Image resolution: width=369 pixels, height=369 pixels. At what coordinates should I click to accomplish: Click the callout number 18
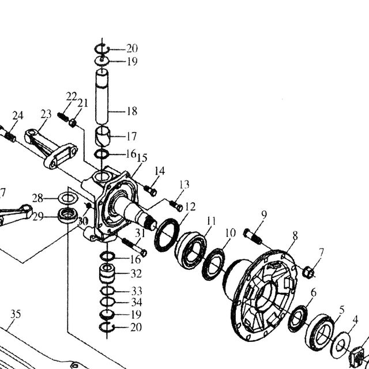point(132,111)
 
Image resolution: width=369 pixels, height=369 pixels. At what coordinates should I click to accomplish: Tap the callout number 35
point(16,314)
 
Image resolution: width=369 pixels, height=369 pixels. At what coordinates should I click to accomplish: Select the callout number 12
point(190,206)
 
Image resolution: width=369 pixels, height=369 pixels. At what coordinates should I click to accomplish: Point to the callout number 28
point(37,198)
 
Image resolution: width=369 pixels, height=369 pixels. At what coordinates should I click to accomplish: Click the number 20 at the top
point(132,48)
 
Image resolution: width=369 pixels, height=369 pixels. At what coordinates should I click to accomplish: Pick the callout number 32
point(136,274)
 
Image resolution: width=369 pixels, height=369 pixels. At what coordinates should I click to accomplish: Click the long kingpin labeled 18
point(102,96)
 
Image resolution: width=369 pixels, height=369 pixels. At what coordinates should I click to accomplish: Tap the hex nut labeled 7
point(308,272)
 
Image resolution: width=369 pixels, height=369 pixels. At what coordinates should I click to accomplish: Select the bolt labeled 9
point(253,236)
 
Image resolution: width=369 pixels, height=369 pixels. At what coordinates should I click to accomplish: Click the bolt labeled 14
point(150,190)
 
